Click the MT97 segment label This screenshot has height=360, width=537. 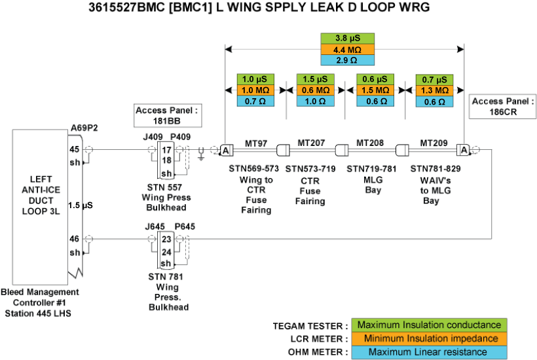[x=256, y=143]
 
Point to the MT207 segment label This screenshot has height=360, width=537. [x=312, y=143]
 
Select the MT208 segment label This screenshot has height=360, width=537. [x=370, y=143]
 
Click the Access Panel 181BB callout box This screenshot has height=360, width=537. [x=167, y=115]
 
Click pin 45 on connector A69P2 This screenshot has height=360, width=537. [x=74, y=149]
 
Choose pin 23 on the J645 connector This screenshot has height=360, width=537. [x=167, y=240]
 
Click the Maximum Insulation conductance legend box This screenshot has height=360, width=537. [x=428, y=325]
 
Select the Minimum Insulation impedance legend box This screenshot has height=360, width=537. [x=428, y=338]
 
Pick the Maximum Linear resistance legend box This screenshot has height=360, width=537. [x=428, y=352]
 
